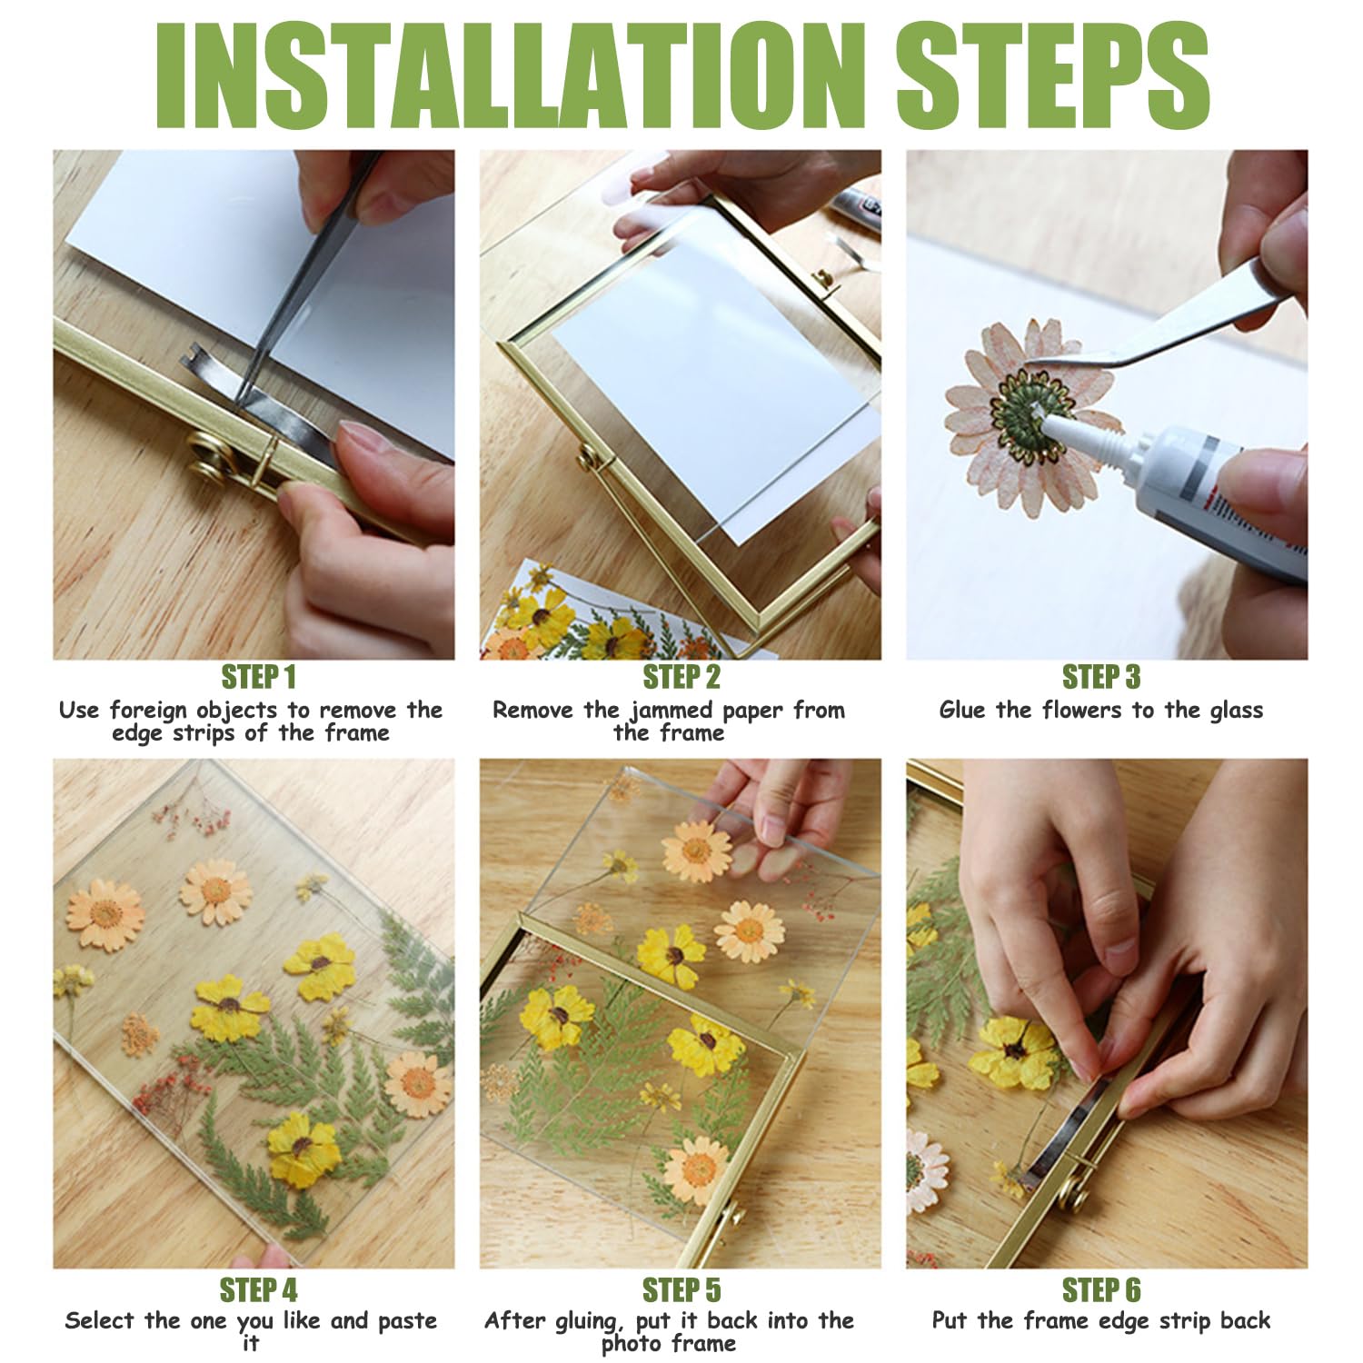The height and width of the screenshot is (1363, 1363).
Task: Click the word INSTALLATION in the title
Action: coord(510,75)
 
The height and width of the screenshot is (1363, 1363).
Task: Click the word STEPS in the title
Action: coord(1052,75)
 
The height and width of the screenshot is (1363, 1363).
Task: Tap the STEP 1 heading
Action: coord(259,677)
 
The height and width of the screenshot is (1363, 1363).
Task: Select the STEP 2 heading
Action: coord(681,677)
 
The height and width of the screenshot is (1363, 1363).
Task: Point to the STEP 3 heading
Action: coord(1101,677)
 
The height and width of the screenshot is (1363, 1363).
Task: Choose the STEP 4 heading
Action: coord(259,1290)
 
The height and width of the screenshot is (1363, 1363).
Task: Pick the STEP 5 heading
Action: coord(681,1290)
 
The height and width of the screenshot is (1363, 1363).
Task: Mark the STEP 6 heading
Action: coord(1101,1290)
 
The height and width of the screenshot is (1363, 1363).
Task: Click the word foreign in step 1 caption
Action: coord(147,711)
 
